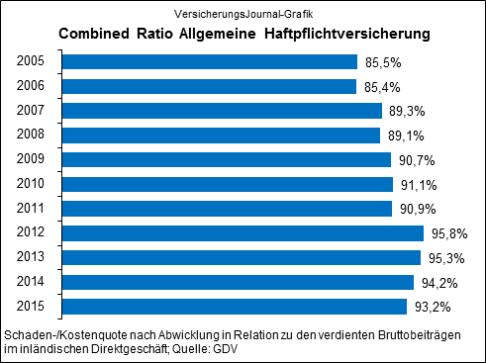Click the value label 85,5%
(382, 63)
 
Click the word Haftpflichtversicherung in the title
(347, 35)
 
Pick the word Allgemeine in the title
(219, 35)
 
